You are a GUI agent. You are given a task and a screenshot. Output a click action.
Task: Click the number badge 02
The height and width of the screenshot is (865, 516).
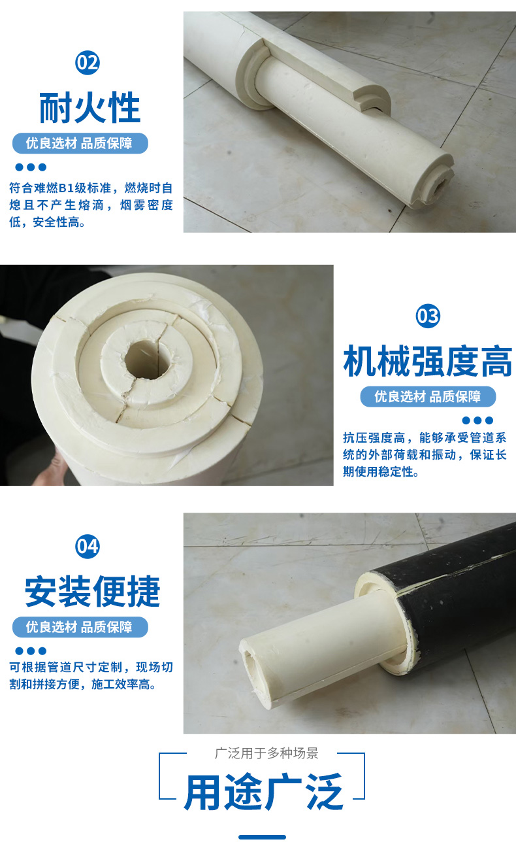pyautogui.click(x=88, y=63)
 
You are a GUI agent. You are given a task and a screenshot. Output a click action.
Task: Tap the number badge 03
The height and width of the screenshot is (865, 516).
pyautogui.click(x=428, y=316)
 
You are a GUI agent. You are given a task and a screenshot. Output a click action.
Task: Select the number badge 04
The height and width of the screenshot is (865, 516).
pyautogui.click(x=88, y=547)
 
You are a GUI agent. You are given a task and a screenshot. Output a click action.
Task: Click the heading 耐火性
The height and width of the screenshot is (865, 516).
pyautogui.click(x=89, y=108)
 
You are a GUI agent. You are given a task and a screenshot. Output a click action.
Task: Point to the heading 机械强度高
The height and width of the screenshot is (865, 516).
pyautogui.click(x=428, y=361)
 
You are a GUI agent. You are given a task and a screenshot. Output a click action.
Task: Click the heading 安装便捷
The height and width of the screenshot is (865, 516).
pyautogui.click(x=92, y=591)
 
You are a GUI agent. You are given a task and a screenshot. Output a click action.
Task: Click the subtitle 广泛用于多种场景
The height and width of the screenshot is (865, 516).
pyautogui.click(x=266, y=753)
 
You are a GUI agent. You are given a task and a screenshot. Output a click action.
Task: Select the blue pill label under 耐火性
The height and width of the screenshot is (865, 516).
pyautogui.click(x=80, y=143)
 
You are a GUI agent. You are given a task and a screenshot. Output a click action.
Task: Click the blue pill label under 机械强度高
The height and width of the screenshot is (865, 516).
pyautogui.click(x=428, y=396)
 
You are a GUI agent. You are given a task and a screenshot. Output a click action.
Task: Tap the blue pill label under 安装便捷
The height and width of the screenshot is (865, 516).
pyautogui.click(x=80, y=627)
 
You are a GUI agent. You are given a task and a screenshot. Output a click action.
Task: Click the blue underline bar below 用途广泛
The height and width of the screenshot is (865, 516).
pyautogui.click(x=262, y=837)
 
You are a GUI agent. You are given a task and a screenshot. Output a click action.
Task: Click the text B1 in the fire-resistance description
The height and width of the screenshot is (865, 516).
pyautogui.click(x=63, y=188)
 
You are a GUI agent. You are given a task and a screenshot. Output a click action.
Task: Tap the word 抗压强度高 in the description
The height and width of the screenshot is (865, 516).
pyautogui.click(x=374, y=438)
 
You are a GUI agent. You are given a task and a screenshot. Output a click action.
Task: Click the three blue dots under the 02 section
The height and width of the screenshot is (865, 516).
pyautogui.click(x=31, y=167)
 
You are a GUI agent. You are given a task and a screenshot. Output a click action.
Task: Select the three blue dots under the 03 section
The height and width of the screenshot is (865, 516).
pyautogui.click(x=478, y=420)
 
